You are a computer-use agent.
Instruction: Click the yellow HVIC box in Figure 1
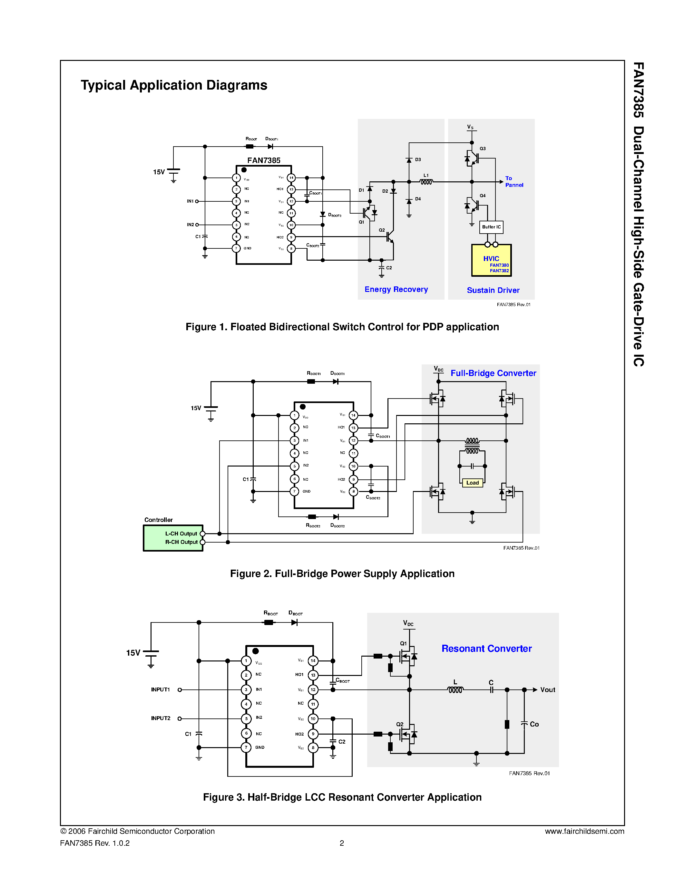[x=491, y=260]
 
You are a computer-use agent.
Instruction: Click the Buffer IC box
[x=491, y=227]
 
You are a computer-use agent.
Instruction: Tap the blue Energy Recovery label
[x=396, y=289]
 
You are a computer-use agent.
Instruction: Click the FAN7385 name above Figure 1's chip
[x=264, y=160]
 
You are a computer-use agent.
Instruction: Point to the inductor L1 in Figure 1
[x=426, y=182]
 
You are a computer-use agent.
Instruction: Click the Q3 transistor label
[x=483, y=149]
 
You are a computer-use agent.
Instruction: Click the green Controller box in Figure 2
[x=173, y=537]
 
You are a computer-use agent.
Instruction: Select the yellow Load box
[x=472, y=483]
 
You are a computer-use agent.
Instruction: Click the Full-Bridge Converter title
[x=493, y=373]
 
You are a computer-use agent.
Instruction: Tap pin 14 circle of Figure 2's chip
[x=353, y=415]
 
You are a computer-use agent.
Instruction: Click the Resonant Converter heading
[x=486, y=648]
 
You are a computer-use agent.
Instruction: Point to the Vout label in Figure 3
[x=547, y=690]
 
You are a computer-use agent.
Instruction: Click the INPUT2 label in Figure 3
[x=161, y=718]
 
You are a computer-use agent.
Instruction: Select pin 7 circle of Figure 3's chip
[x=246, y=747]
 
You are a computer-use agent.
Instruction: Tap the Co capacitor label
[x=534, y=724]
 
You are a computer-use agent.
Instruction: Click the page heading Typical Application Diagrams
[x=174, y=85]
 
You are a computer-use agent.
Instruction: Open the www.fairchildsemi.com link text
[x=584, y=831]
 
